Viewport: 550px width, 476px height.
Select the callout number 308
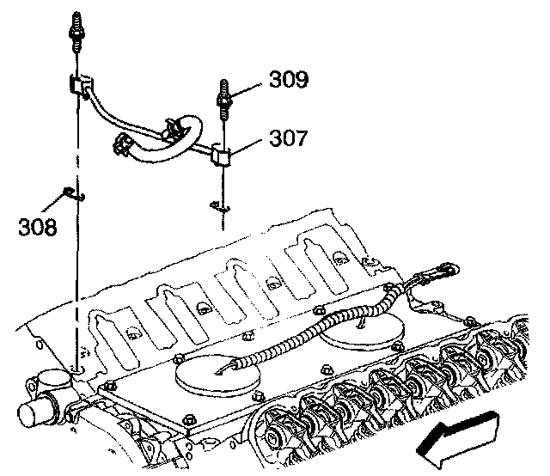point(40,227)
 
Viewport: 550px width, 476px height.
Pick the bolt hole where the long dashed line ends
point(76,369)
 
